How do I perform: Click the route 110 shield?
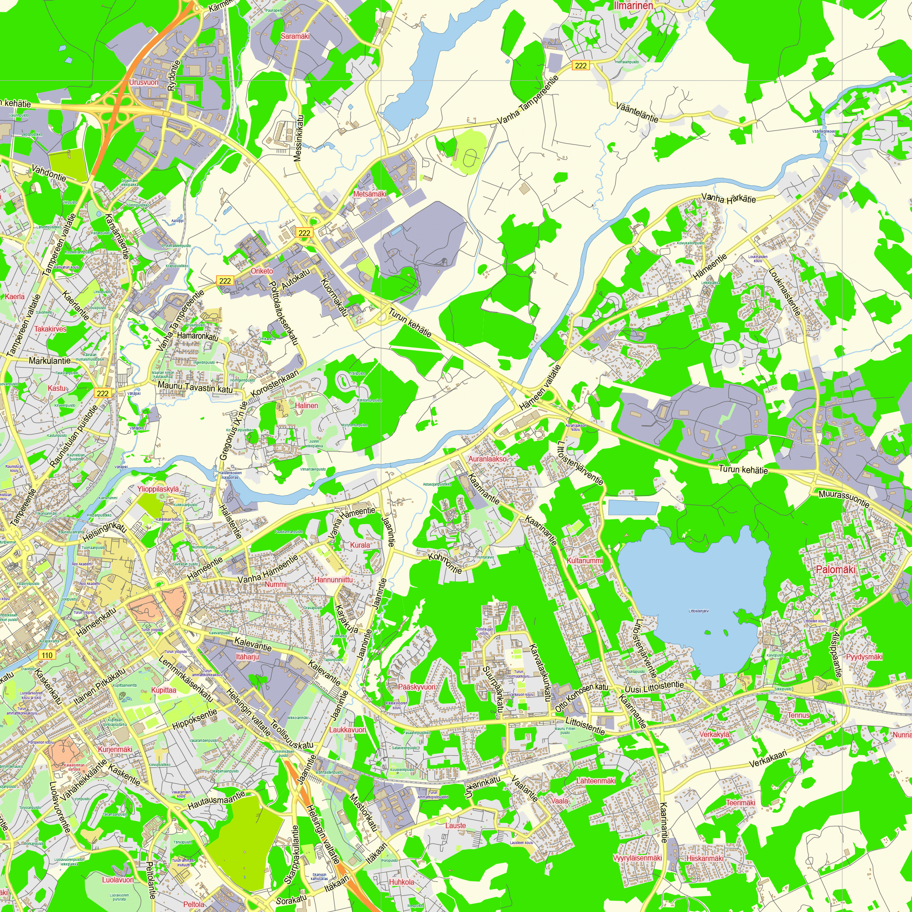[x=47, y=655]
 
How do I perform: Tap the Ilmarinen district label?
[x=633, y=5]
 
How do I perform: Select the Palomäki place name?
[x=835, y=569]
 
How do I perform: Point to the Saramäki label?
[x=295, y=36]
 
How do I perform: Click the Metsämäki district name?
[x=370, y=194]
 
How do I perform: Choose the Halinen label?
[x=306, y=405]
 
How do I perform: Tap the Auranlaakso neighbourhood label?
[x=487, y=459]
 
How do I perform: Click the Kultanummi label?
[x=585, y=561]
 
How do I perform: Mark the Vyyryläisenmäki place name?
[x=637, y=858]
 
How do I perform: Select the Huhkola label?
[x=401, y=882]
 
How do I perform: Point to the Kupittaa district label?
[x=163, y=690]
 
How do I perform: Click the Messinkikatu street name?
[x=299, y=138]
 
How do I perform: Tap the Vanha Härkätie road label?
[x=728, y=198]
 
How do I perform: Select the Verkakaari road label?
[x=768, y=760]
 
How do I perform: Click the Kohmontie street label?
[x=445, y=563]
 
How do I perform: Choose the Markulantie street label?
[x=50, y=361]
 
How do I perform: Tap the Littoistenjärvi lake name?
[x=699, y=611]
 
